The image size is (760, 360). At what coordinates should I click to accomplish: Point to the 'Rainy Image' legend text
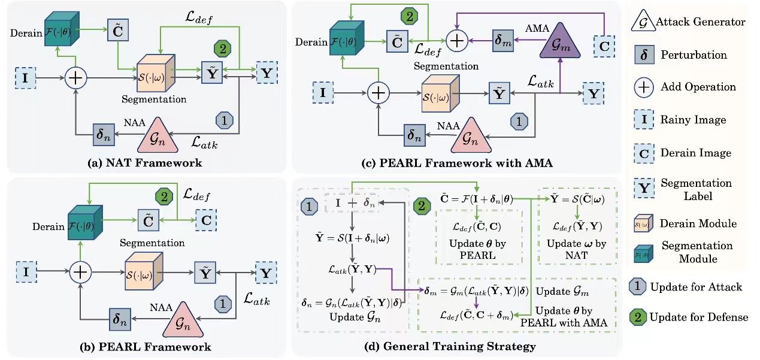pos(693,119)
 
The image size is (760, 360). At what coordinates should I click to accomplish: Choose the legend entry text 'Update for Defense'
pos(698,317)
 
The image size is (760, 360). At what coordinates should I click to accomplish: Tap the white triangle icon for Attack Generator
pos(643,23)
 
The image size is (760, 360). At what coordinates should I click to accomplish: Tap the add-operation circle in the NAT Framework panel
pos(76,78)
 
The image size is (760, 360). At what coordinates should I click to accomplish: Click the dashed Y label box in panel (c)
pos(593,93)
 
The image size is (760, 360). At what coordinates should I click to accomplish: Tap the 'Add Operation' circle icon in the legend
pos(643,87)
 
